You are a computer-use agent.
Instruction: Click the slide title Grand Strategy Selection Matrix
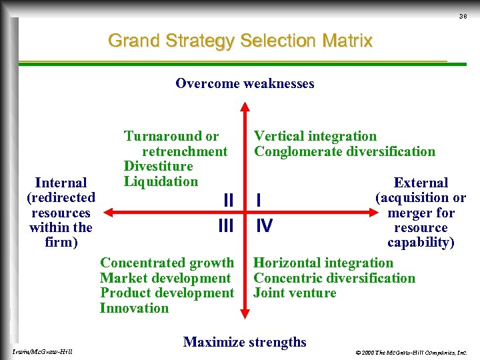(240, 41)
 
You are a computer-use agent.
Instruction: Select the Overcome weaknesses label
(245, 83)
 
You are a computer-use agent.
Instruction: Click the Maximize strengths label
(245, 342)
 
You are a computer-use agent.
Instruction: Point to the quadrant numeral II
(228, 200)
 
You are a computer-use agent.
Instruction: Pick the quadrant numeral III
(226, 227)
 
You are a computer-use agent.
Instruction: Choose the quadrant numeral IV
(265, 227)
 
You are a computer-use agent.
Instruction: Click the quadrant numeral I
(259, 200)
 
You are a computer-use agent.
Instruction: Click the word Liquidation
(161, 181)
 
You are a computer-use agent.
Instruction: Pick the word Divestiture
(158, 166)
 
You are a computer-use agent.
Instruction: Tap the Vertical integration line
(315, 136)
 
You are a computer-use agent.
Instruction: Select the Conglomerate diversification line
(345, 151)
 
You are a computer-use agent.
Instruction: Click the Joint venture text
(295, 293)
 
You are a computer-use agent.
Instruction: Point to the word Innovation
(134, 308)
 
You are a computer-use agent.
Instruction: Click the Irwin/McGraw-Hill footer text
(42, 351)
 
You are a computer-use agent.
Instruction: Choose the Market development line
(165, 278)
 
